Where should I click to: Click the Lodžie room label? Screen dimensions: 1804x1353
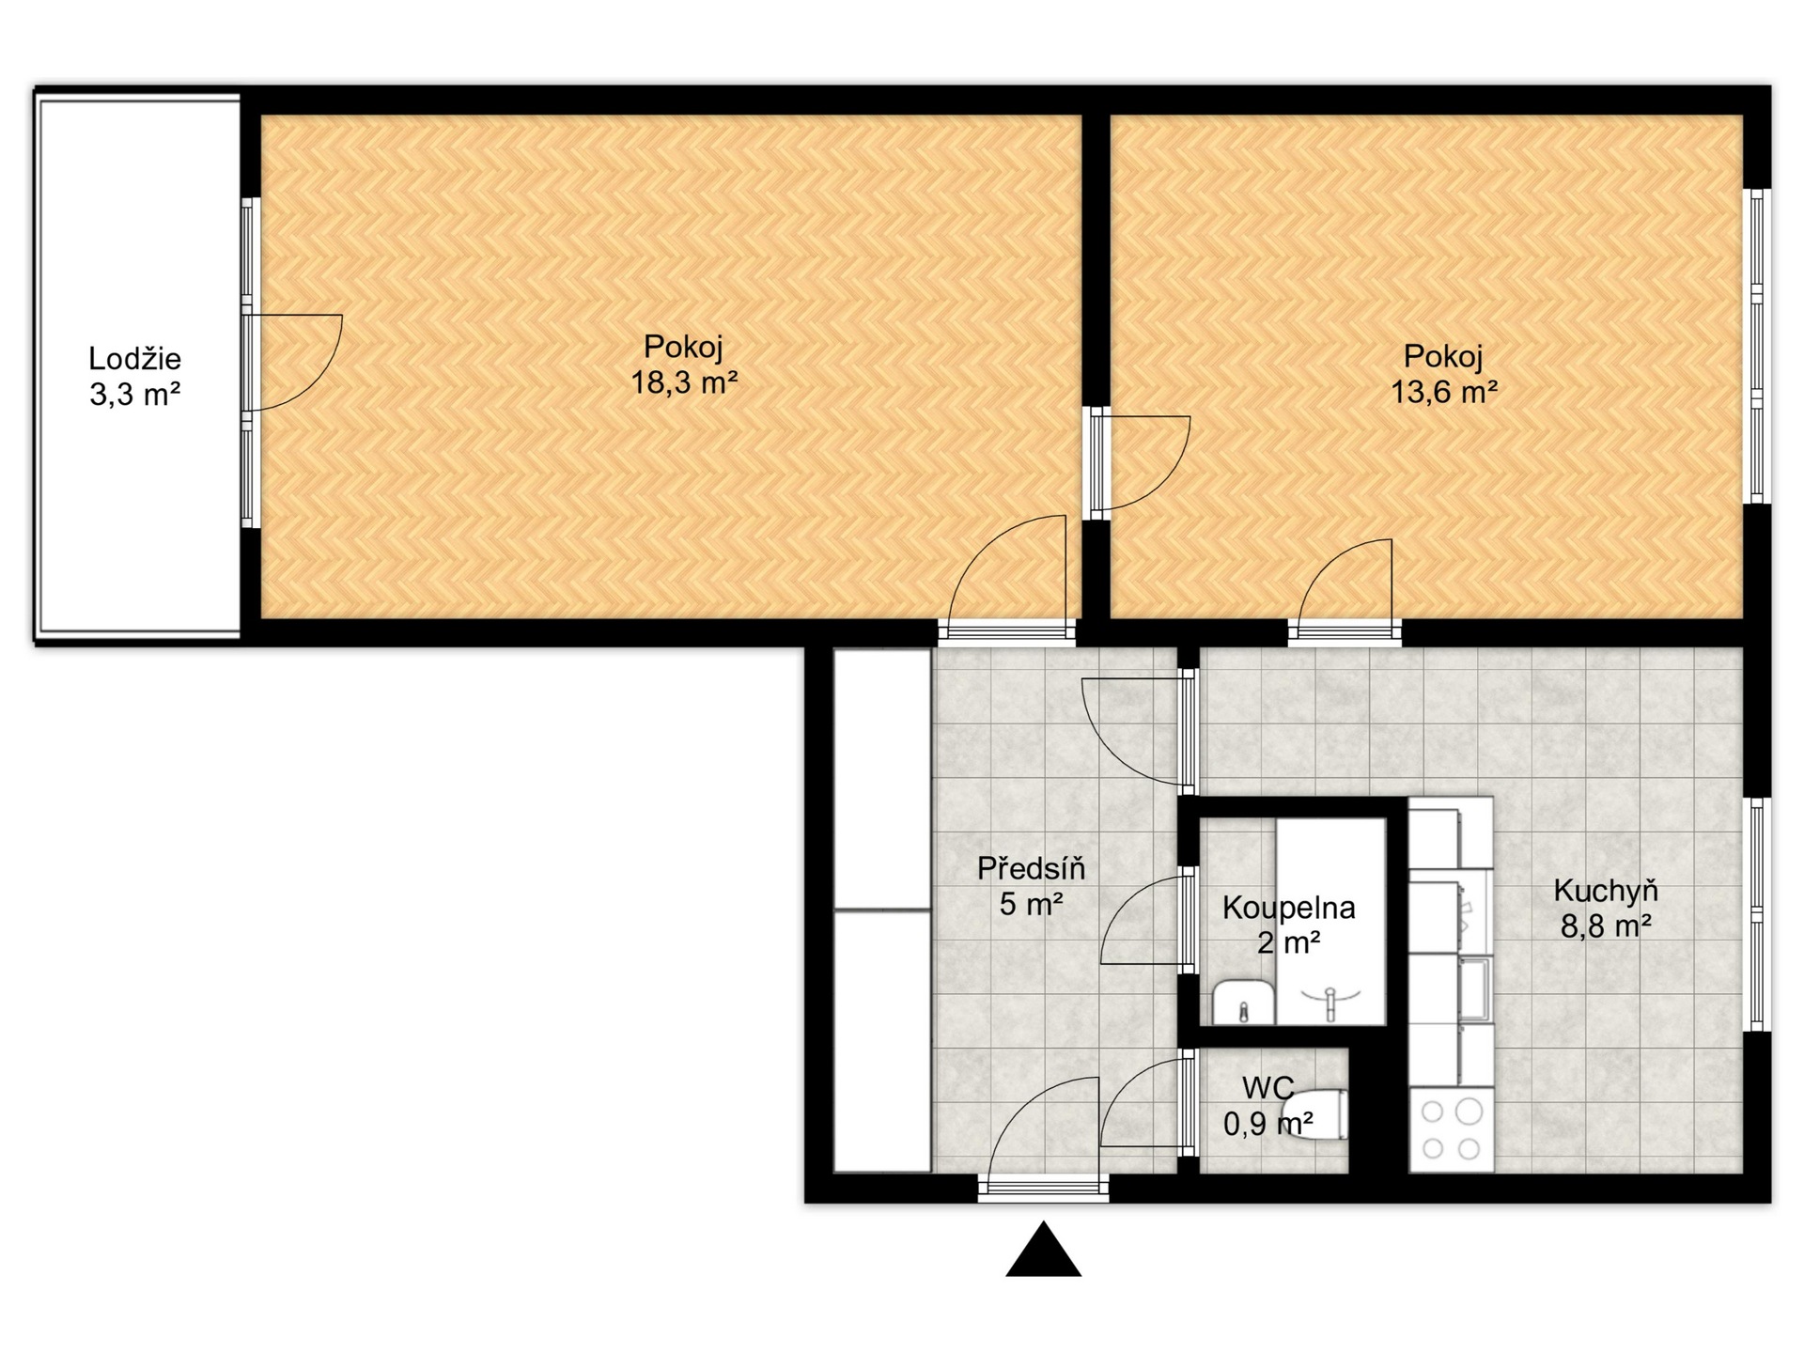click(x=134, y=358)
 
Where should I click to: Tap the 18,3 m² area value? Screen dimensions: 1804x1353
click(x=684, y=383)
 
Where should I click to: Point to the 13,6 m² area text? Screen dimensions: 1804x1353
click(x=1444, y=392)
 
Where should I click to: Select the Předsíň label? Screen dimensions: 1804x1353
click(x=1031, y=868)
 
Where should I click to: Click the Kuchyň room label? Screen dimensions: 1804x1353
click(x=1606, y=891)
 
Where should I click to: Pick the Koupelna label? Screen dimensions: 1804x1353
click(x=1289, y=908)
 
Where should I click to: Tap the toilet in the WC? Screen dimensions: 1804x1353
click(x=1315, y=1114)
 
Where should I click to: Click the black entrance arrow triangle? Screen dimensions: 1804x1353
click(x=1044, y=1249)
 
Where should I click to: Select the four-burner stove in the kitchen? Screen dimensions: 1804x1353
click(x=1451, y=1129)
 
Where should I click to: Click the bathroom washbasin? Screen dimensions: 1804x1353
click(x=1243, y=1003)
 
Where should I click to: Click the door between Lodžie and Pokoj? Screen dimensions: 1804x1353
click(x=292, y=363)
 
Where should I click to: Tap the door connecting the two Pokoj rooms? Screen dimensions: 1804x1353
click(x=1141, y=463)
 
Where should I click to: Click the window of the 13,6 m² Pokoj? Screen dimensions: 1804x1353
click(x=1757, y=346)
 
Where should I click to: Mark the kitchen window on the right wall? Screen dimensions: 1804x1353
click(x=1757, y=914)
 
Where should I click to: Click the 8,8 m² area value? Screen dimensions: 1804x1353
click(x=1606, y=927)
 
